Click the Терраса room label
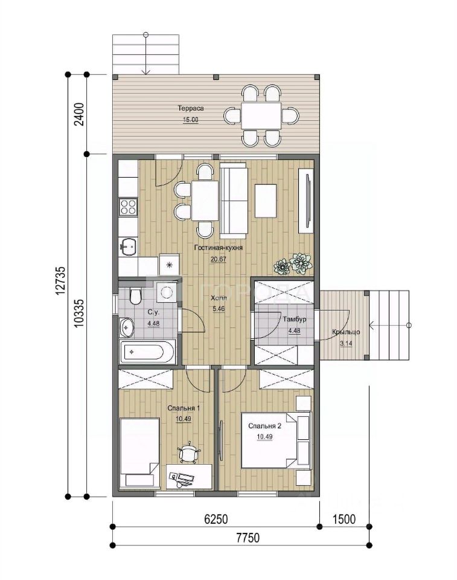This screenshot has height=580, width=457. (x=191, y=108)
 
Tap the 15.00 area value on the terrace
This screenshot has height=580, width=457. (x=191, y=120)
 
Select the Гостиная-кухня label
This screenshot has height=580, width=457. (x=218, y=248)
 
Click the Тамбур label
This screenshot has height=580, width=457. (x=295, y=319)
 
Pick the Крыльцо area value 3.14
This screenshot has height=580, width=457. (x=346, y=343)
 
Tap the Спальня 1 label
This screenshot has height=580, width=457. (x=184, y=408)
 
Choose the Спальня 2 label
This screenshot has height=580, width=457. (x=265, y=426)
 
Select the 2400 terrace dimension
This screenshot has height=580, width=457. (x=80, y=114)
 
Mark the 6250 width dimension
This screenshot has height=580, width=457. (x=216, y=519)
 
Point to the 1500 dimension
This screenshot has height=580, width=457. (x=344, y=519)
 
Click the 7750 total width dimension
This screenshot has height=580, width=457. (x=248, y=538)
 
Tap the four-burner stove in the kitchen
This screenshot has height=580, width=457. (x=128, y=207)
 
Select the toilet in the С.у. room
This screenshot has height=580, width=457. (x=135, y=295)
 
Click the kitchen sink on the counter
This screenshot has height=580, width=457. (x=129, y=246)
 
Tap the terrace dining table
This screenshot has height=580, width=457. (x=261, y=116)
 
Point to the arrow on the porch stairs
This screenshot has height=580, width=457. (x=389, y=326)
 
